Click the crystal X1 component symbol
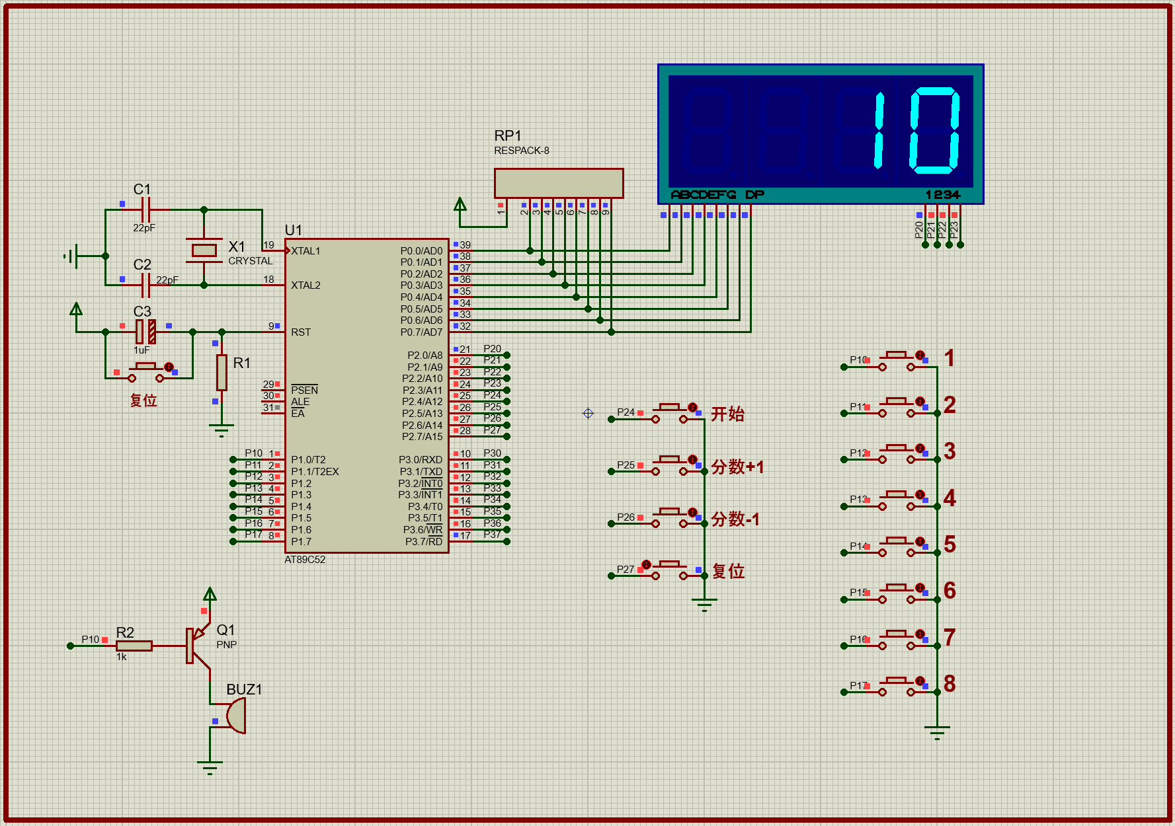[204, 250]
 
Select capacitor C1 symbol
[146, 209]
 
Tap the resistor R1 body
[222, 373]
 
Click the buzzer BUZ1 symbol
[236, 716]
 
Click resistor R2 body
[134, 646]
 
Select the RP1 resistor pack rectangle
[559, 183]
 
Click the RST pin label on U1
[301, 332]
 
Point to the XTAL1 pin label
[305, 251]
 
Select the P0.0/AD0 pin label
[421, 251]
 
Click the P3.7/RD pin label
[423, 542]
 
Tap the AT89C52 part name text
[305, 560]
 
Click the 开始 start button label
[727, 414]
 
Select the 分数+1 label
[737, 467]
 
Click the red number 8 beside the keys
[950, 684]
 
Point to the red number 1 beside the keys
[950, 358]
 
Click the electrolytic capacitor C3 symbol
[145, 331]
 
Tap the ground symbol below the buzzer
[210, 767]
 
